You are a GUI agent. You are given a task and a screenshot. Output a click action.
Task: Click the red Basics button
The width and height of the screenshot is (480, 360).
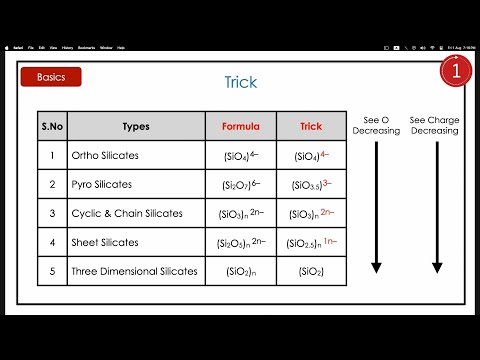click(51, 77)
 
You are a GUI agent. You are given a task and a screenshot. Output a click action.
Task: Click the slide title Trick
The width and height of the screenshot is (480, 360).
click(240, 84)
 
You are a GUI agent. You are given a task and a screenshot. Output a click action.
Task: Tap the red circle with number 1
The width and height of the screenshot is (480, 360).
click(456, 71)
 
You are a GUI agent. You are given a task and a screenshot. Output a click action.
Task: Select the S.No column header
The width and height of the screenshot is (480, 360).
click(52, 127)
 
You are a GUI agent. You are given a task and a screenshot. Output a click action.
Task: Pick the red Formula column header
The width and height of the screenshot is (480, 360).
click(241, 127)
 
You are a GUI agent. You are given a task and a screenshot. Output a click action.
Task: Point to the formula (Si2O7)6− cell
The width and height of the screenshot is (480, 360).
click(241, 185)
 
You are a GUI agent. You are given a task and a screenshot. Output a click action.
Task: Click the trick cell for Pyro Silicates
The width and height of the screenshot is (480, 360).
click(311, 185)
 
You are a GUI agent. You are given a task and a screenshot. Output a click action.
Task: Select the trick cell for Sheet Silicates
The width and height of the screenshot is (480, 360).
click(311, 242)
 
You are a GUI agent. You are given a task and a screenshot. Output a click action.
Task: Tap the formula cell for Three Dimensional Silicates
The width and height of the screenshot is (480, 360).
click(241, 271)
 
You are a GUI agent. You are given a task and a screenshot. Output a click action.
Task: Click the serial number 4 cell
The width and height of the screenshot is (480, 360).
click(52, 242)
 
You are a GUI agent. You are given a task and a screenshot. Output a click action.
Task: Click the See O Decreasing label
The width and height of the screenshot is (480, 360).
click(376, 124)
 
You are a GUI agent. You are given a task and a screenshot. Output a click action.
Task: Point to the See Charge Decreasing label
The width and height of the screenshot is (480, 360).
click(434, 124)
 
